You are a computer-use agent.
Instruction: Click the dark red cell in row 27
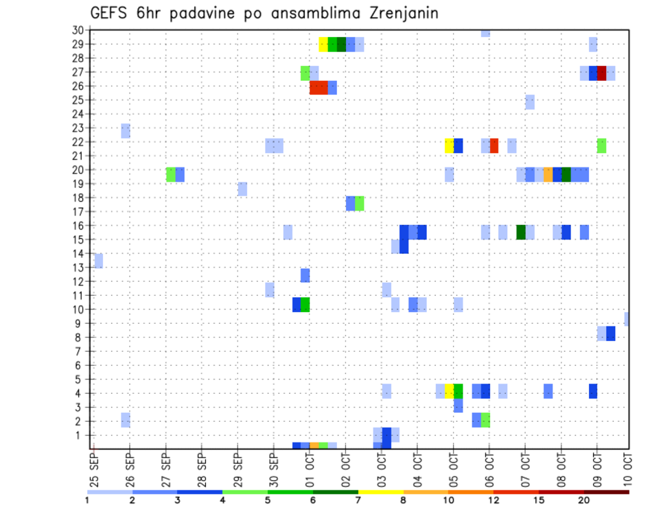click(x=601, y=73)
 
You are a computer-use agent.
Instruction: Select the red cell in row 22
click(x=494, y=145)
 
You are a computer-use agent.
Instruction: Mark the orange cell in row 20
click(x=548, y=174)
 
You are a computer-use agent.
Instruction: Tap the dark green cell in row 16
click(x=521, y=232)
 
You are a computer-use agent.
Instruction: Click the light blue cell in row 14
click(x=98, y=261)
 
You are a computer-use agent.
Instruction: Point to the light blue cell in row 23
click(x=126, y=131)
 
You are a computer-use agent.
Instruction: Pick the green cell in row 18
click(x=360, y=203)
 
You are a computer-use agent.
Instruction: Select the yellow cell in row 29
click(x=323, y=45)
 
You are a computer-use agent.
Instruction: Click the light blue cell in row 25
click(x=529, y=102)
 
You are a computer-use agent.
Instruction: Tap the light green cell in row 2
click(x=485, y=420)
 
